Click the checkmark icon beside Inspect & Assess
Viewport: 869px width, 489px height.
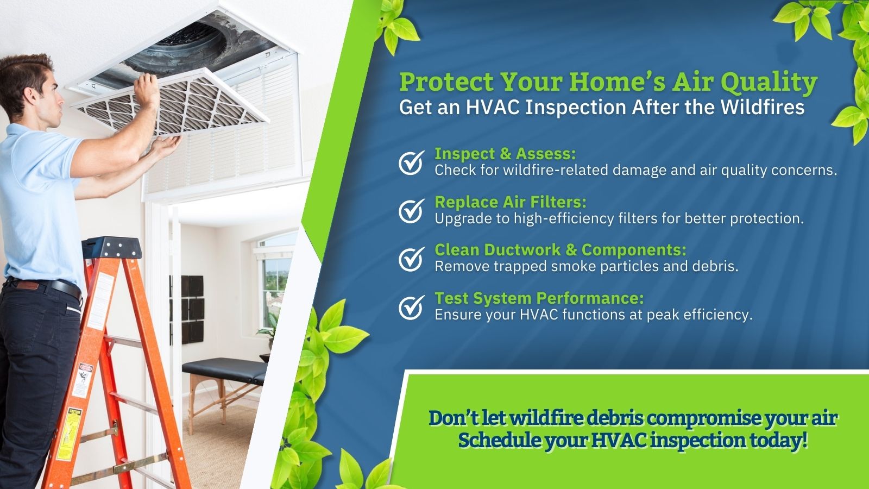pos(411,162)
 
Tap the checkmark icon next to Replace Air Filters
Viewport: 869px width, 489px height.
pos(411,211)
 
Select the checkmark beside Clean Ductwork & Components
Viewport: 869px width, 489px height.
pos(411,259)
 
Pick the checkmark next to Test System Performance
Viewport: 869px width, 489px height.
pos(411,307)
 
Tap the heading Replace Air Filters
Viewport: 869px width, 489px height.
pos(511,202)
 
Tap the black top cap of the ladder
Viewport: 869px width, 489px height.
pos(112,248)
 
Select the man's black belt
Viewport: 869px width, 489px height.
pos(47,286)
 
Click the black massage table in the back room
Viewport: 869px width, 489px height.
pos(225,370)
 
